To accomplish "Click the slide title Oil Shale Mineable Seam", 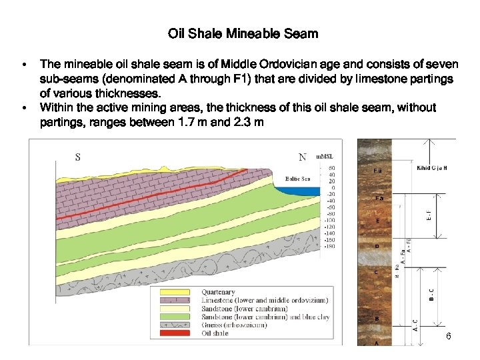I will pos(243,33).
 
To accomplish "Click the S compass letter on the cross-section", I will pos(78,157).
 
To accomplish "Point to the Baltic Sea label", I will pos(297,179).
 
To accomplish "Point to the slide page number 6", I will pos(449,337).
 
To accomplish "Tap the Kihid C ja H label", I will pos(431,168).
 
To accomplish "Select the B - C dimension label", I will pos(431,294).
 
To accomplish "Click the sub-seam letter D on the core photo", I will pos(377,246).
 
